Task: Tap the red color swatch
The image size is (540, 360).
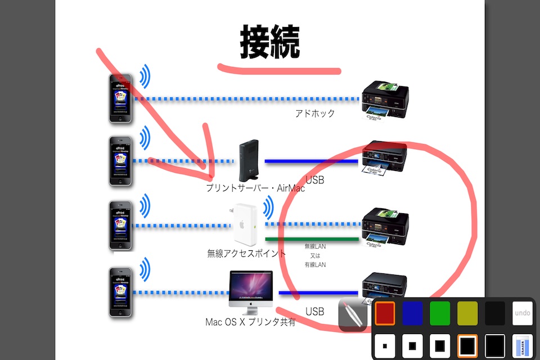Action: pyautogui.click(x=385, y=313)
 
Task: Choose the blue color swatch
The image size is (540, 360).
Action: pyautogui.click(x=412, y=313)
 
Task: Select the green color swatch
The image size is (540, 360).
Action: pyautogui.click(x=440, y=313)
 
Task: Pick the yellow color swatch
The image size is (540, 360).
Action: pyautogui.click(x=467, y=313)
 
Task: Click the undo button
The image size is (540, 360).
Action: pyautogui.click(x=523, y=313)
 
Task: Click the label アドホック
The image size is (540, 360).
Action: pyautogui.click(x=315, y=114)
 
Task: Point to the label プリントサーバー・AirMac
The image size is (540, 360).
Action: pyautogui.click(x=255, y=188)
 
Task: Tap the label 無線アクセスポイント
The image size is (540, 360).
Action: pyautogui.click(x=246, y=254)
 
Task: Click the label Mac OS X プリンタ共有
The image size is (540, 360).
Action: pyautogui.click(x=250, y=323)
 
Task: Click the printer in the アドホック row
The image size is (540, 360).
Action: pyautogui.click(x=384, y=100)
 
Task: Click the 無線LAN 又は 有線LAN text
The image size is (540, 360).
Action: pyautogui.click(x=315, y=255)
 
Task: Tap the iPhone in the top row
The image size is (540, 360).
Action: pyautogui.click(x=120, y=98)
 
